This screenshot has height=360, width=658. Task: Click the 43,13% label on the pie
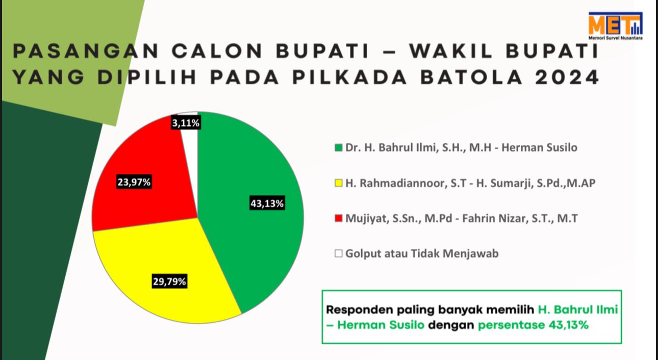[267, 203]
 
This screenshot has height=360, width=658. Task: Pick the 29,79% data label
[169, 281]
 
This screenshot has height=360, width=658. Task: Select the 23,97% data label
[134, 182]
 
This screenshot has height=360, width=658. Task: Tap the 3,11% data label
[186, 123]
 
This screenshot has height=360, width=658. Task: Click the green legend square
[338, 147]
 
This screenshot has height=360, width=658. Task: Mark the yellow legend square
[338, 183]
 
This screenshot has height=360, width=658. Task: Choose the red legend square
[338, 218]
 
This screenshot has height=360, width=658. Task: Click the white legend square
[338, 253]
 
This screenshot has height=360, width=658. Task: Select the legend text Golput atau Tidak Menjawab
[422, 253]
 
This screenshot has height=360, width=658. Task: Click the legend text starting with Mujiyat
[462, 218]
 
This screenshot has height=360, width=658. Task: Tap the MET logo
[615, 26]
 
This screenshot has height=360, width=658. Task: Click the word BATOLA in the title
[472, 77]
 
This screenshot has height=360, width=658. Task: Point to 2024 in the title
[567, 77]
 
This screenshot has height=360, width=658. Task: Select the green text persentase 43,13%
[533, 325]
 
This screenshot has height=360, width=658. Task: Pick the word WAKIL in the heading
[450, 51]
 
